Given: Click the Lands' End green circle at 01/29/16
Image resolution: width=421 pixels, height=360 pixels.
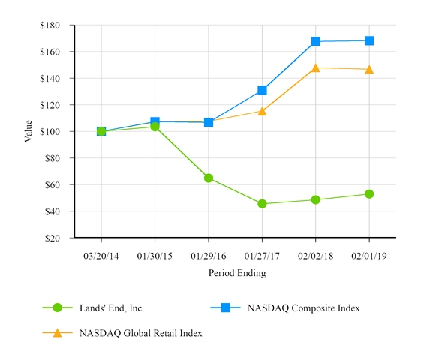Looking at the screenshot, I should [209, 178].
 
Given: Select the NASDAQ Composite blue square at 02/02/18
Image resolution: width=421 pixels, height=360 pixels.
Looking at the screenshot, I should [316, 41].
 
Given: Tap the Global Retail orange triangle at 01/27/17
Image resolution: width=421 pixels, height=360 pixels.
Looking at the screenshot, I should [262, 111].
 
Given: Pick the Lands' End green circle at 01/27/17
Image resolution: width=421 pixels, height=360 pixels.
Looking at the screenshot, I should [262, 203].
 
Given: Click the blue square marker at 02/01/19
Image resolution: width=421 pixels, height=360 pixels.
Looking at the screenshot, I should [369, 40].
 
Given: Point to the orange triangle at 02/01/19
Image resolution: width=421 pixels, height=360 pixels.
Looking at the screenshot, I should [369, 69].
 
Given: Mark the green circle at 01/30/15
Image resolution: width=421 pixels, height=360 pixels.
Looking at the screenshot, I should [155, 126].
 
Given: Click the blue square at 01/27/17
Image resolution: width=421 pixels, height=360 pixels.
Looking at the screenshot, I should [262, 90].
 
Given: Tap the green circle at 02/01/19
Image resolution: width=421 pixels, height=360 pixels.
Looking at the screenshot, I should [369, 194].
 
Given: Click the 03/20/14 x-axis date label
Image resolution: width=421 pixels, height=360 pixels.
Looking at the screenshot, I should [101, 256].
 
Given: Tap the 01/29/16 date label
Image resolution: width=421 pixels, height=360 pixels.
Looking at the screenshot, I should [209, 256].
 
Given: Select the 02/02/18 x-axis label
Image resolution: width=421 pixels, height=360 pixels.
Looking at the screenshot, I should [316, 256].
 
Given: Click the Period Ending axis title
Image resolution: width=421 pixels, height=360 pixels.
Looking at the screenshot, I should [236, 274].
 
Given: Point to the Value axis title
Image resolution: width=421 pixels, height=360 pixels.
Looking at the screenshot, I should [29, 130].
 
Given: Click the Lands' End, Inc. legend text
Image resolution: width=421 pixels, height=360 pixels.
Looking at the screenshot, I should [111, 308].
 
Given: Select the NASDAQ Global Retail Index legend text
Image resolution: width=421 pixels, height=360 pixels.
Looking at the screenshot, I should [140, 332].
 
